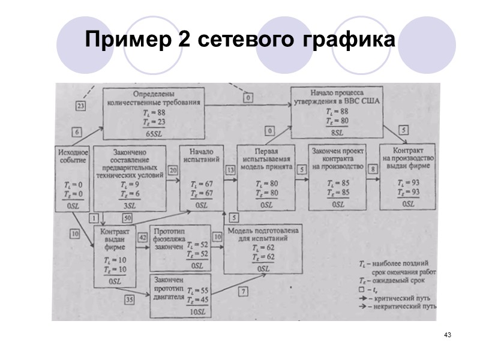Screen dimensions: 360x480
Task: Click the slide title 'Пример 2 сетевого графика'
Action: pos(240,40)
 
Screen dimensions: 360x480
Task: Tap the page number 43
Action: pos(447,334)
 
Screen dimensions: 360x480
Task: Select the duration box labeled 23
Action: pos(82,106)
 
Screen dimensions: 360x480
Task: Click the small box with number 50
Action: pos(127,217)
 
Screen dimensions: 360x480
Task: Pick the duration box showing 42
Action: pos(143,237)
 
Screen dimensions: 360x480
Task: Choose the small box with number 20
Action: pos(174,170)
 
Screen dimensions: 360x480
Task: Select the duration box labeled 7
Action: pos(243,292)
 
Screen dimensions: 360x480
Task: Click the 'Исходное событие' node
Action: pos(72,178)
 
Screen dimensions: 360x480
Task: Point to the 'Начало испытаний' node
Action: pos(202,178)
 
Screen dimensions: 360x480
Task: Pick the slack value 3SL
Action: pos(130,205)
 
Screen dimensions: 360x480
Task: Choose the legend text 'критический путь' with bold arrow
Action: pos(403,298)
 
